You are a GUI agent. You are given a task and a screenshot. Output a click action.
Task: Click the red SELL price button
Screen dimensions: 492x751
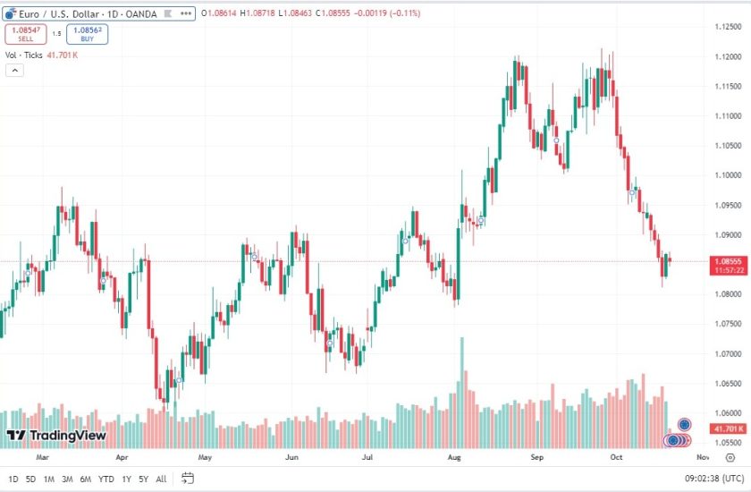coord(25,34)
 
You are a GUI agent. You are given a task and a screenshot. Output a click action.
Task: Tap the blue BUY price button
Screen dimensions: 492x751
coord(87,34)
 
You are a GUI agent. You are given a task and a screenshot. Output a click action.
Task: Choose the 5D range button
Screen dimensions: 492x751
coord(30,479)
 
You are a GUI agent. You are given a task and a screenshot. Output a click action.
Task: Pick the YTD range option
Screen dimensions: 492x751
coord(105,479)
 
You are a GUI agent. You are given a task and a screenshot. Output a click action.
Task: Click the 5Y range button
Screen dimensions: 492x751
coord(142,479)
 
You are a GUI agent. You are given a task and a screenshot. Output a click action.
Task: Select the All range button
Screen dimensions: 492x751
coord(161,479)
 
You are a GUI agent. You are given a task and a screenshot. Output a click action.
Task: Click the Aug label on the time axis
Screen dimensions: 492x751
coord(454,456)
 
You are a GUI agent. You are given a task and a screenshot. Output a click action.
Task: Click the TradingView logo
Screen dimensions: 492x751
coord(56,436)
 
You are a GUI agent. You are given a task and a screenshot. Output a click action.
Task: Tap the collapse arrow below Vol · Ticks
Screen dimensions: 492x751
coord(14,70)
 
